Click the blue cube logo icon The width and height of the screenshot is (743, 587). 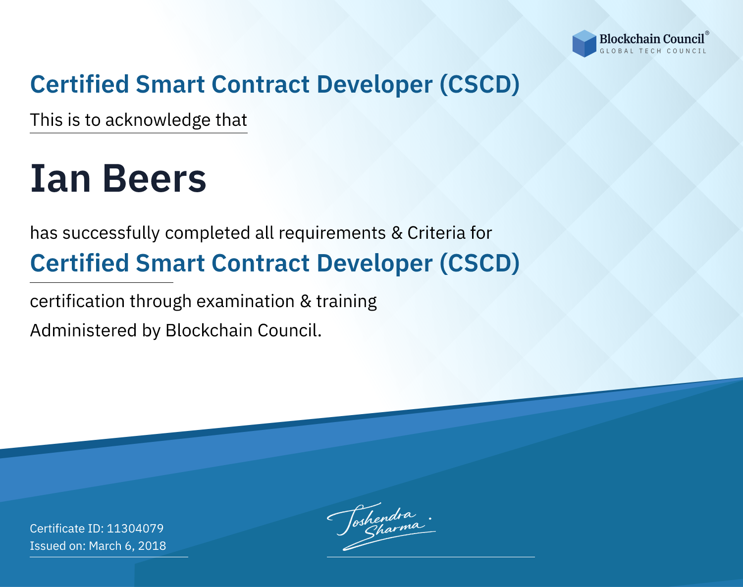[x=584, y=44]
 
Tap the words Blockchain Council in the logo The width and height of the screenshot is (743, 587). [x=652, y=39]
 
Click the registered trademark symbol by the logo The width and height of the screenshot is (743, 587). [x=707, y=33]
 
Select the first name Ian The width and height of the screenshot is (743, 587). [x=60, y=178]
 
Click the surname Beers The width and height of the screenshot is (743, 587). [x=155, y=178]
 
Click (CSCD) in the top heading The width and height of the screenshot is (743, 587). [x=479, y=84]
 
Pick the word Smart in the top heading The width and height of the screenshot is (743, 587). [x=170, y=84]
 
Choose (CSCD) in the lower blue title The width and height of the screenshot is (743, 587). [x=479, y=263]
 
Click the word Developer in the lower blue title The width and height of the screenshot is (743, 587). [x=374, y=264]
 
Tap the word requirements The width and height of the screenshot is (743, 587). [x=332, y=233]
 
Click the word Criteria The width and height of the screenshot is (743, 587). [x=436, y=233]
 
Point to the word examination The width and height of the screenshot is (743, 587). [x=246, y=301]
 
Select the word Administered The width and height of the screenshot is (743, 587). [x=84, y=330]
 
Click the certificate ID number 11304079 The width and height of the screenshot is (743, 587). [x=135, y=528]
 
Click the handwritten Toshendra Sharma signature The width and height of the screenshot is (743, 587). [x=381, y=526]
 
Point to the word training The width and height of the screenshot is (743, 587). [x=346, y=302]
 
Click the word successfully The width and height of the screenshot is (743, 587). [x=111, y=233]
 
